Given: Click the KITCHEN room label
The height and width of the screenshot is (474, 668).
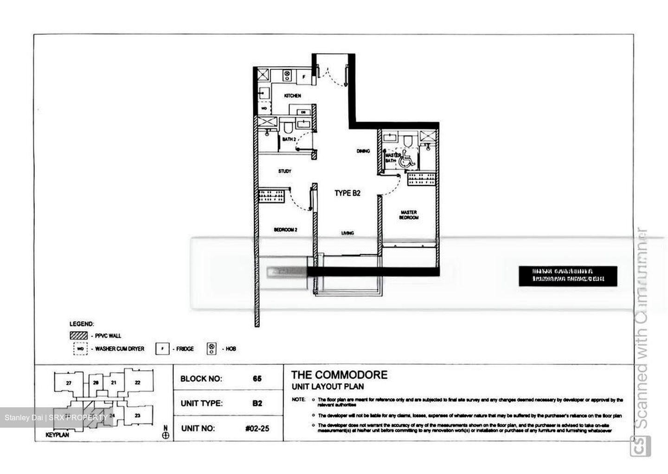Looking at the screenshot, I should click(292, 96).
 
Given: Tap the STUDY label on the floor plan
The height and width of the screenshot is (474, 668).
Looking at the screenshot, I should click(284, 171).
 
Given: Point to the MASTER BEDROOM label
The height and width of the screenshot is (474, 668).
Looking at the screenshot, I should click(409, 215).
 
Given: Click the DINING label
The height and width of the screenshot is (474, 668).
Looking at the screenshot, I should click(363, 151).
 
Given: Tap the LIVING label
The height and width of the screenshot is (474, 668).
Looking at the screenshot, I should click(347, 233).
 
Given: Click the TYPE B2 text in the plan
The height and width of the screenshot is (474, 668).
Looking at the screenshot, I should click(347, 193).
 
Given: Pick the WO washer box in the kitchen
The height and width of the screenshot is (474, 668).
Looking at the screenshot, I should click(263, 108).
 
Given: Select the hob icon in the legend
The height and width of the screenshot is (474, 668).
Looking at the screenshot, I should click(212, 348).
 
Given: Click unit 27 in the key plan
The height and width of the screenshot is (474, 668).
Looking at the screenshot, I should click(68, 383).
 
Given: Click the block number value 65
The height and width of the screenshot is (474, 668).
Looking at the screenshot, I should click(257, 379).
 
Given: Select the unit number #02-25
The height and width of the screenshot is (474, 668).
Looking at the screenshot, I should click(257, 428).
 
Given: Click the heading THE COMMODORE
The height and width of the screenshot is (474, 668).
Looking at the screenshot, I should click(339, 375).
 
